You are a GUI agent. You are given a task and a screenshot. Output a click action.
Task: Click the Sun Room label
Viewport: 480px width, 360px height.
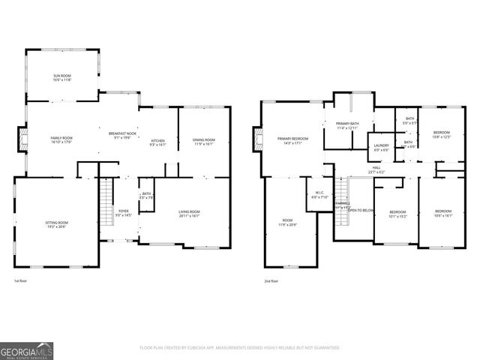pos(61,76)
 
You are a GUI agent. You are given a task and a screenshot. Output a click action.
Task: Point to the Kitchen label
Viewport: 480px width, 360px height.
pos(158,141)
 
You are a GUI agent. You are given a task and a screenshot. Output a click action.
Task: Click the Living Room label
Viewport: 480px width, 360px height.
pos(188,212)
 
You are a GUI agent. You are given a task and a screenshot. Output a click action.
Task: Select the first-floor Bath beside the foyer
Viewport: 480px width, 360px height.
pos(147,195)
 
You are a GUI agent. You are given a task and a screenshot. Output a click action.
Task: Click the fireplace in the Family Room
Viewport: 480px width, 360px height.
pos(22,138)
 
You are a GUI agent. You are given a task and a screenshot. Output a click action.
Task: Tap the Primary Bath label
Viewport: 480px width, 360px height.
pos(347,124)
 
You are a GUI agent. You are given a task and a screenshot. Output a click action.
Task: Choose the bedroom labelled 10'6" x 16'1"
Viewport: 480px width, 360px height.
pos(443,213)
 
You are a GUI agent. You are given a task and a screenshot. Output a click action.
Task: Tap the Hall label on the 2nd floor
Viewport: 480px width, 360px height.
pos(376,169)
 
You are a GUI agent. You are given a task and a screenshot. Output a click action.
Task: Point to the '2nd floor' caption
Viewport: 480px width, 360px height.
pos(271,281)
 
